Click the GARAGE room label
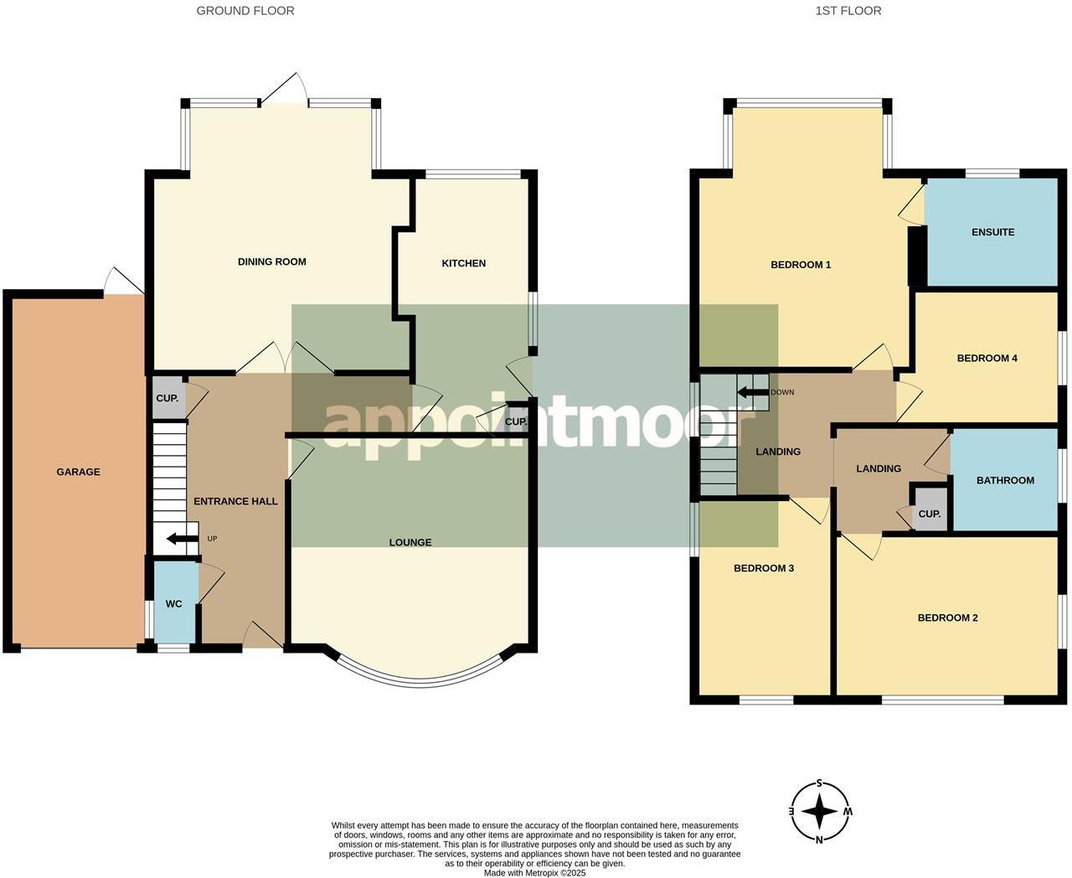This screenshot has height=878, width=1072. point(78,472)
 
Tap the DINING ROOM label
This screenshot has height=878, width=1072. point(272,262)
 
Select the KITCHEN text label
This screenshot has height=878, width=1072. point(464,263)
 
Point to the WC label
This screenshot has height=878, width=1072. point(174,604)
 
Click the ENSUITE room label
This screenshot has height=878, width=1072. point(992,232)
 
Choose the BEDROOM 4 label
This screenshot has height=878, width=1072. point(987,359)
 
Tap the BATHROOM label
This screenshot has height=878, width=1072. point(1005,480)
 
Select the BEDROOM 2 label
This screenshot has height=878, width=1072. point(947,617)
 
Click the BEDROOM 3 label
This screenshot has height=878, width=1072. point(764,568)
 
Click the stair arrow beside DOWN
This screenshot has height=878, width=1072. point(753,392)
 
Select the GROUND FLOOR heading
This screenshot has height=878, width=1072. point(245,11)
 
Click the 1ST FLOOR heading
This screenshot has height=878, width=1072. point(848,11)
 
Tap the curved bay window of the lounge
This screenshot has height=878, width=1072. point(420,681)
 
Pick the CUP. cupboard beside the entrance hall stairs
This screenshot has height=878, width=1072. point(167,398)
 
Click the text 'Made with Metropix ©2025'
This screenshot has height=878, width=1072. point(534,873)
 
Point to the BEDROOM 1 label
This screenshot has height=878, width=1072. point(801,265)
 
